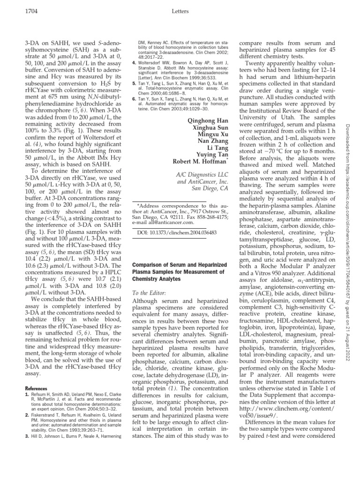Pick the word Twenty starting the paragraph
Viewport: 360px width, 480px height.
pos(255,64)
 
